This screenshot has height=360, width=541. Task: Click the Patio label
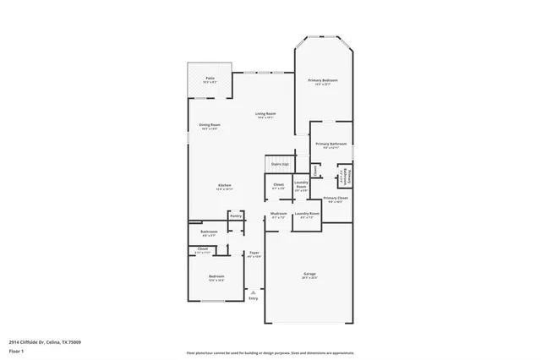tap(210, 79)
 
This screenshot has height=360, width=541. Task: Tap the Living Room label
tap(265, 113)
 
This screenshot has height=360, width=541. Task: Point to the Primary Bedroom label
tap(323, 80)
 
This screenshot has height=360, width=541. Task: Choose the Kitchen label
tap(224, 185)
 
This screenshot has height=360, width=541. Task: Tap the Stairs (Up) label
tap(280, 164)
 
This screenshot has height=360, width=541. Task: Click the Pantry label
tap(235, 215)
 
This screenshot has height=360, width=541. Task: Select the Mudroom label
tap(279, 214)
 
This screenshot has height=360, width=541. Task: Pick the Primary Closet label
tap(336, 198)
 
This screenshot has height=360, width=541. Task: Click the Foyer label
tap(254, 253)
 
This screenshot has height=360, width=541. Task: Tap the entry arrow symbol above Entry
tap(253, 292)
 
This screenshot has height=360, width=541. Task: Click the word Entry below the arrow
tap(253, 298)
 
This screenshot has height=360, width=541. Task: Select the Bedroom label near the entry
tap(216, 275)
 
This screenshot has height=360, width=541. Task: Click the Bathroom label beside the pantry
tap(209, 232)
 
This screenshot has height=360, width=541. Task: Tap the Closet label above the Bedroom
tap(203, 248)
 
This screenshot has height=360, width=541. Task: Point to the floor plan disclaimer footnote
tap(270, 352)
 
